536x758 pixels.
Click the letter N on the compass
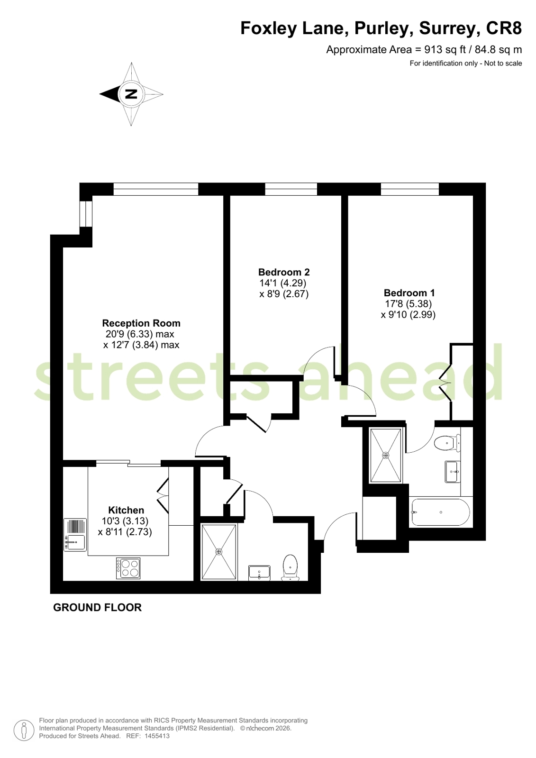point(132,94)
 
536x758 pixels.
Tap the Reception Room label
point(141,323)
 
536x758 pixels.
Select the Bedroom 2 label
point(284,272)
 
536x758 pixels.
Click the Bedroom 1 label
point(409,292)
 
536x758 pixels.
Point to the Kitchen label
point(126,510)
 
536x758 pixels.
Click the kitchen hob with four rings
point(128,568)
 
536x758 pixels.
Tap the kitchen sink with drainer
point(75,535)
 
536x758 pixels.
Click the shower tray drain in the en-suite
point(386,456)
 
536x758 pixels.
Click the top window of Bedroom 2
point(291,189)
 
